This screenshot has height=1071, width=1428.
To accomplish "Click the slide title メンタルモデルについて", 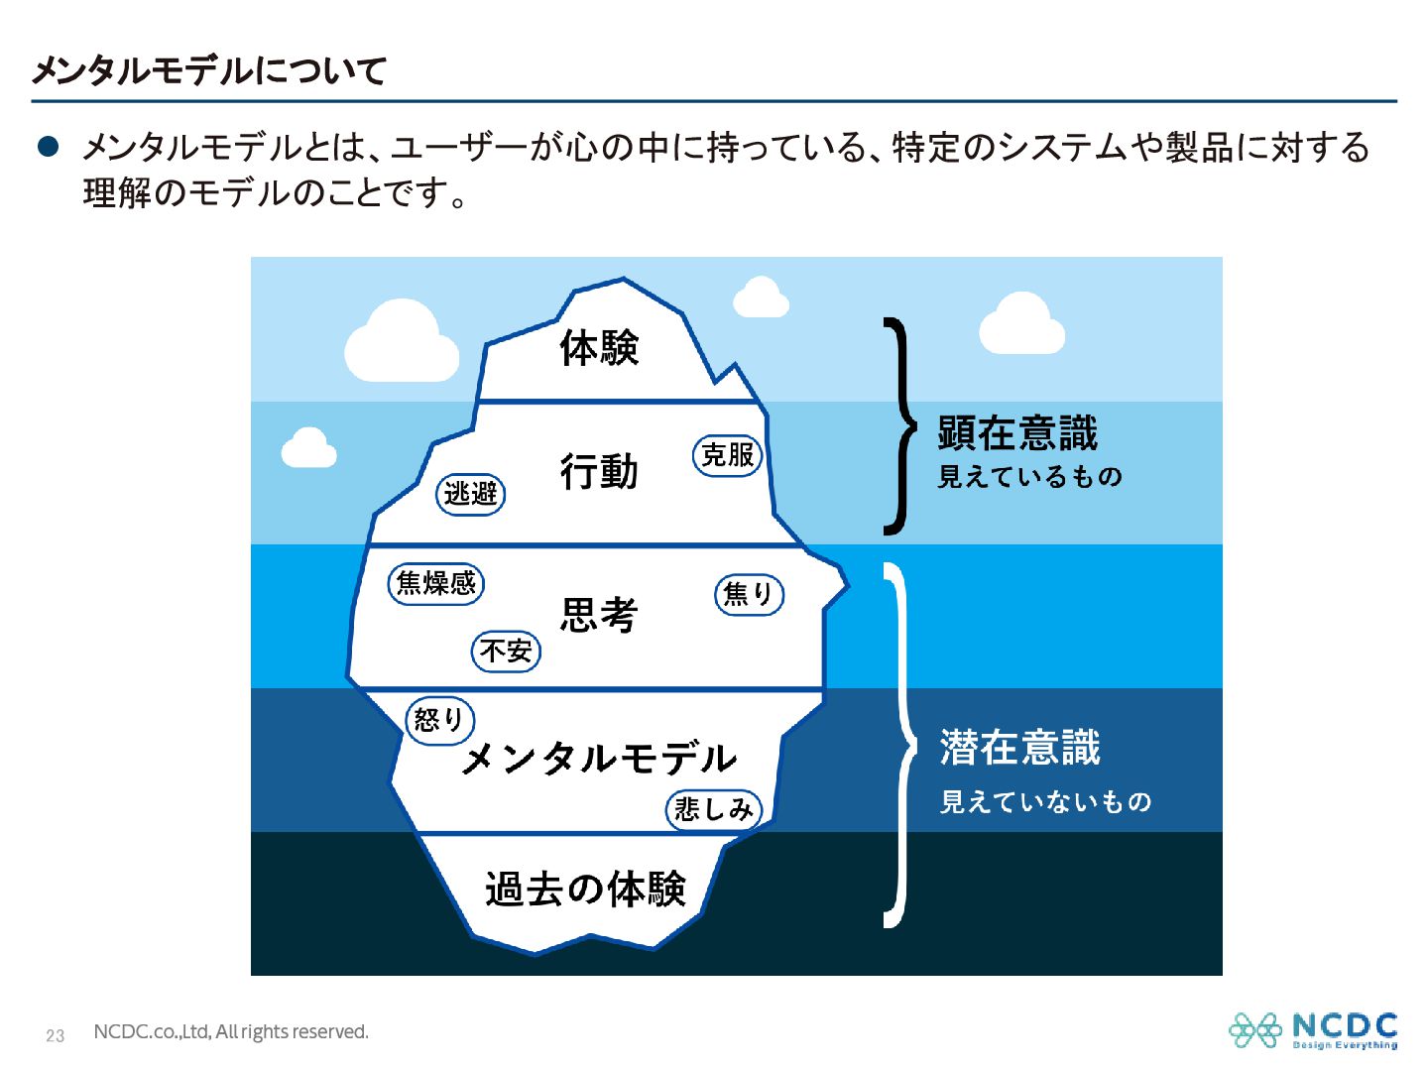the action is tap(209, 70).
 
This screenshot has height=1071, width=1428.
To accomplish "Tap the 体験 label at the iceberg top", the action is tap(599, 348).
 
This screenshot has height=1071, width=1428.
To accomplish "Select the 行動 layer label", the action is tap(599, 471).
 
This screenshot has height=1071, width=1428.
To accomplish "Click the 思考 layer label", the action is tap(599, 614).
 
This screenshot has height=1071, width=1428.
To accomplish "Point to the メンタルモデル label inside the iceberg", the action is tap(599, 758).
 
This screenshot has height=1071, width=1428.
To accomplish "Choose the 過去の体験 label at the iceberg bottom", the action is tap(585, 889).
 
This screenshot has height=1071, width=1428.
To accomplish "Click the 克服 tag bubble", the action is tap(727, 455).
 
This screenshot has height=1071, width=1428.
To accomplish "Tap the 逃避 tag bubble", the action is tap(470, 494).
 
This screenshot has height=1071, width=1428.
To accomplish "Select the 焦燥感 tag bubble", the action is tap(436, 583).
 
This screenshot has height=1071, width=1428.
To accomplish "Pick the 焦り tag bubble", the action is tap(749, 594).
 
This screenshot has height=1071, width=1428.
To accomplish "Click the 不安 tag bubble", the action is tap(506, 651).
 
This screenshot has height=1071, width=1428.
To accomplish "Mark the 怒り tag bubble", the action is tap(439, 721).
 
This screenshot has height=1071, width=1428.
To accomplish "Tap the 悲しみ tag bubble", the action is tap(714, 810).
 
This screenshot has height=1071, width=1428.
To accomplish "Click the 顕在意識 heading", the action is tap(1017, 433).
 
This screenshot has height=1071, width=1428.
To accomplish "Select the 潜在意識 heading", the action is tap(1019, 747).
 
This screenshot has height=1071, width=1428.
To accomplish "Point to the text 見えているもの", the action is tap(1030, 477).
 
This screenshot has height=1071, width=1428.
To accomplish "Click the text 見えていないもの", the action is tap(1045, 801).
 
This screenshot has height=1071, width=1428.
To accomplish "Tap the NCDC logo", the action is tap(1313, 1030).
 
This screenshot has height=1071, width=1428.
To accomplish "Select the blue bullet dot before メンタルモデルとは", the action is tap(49, 147).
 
